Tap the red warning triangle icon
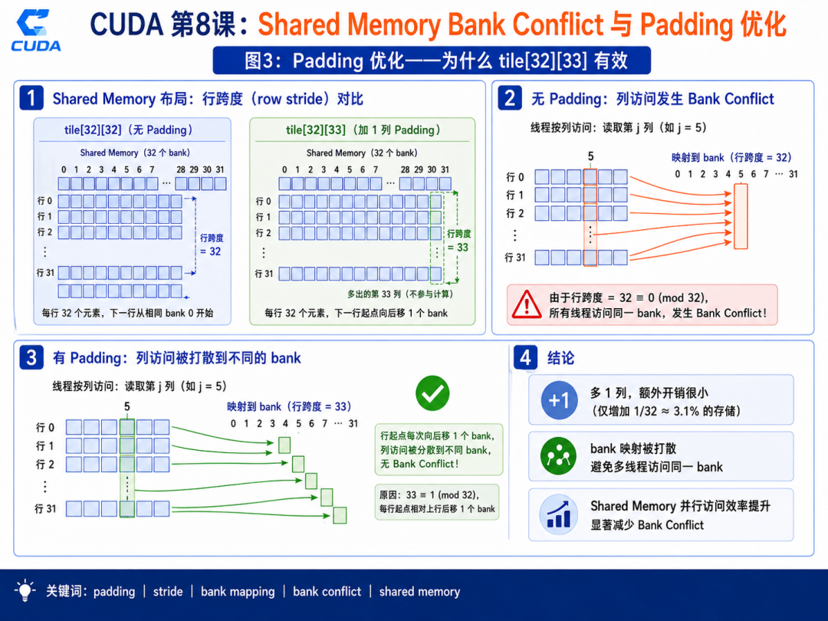[526, 304]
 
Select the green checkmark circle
[432, 393]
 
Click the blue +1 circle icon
[559, 400]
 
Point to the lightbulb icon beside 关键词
[25, 590]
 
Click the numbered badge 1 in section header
[31, 98]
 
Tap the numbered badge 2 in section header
[510, 98]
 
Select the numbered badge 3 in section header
[31, 357]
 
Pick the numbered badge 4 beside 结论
[525, 357]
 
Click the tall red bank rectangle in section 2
[741, 216]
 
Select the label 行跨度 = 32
[212, 245]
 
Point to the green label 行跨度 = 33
[459, 241]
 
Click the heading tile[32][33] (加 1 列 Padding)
[363, 130]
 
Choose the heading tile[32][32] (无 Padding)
[128, 130]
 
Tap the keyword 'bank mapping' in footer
[238, 591]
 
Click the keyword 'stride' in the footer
[168, 591]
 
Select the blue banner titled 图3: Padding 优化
[432, 61]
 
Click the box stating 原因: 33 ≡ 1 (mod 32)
[437, 501]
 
